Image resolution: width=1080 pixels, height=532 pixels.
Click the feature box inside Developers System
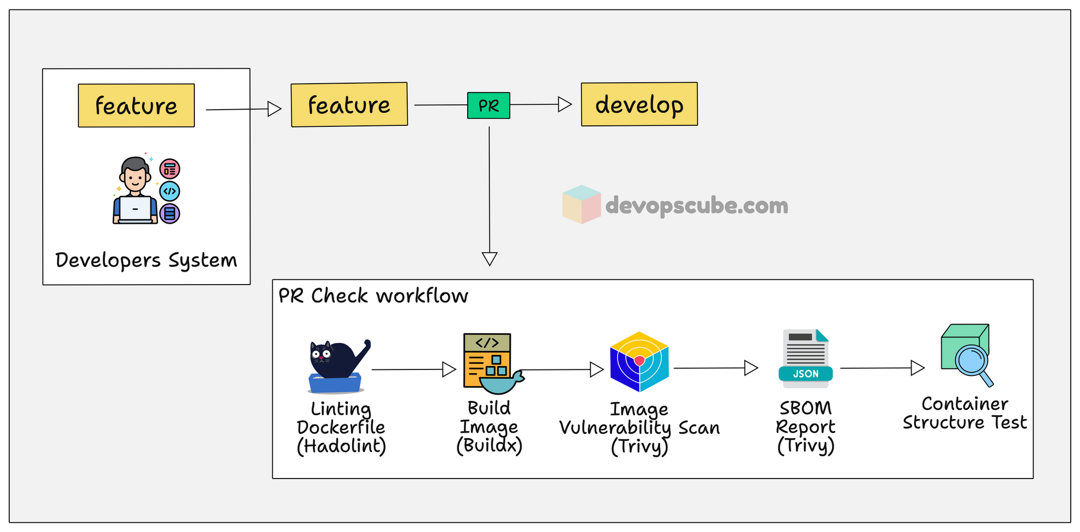(136, 106)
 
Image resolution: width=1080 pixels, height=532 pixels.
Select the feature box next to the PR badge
(349, 105)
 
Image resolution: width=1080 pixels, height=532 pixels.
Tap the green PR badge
(489, 105)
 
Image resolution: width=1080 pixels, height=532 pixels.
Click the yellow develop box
(639, 104)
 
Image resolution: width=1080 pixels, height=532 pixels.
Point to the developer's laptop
(135, 210)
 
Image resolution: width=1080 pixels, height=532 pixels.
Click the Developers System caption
(146, 260)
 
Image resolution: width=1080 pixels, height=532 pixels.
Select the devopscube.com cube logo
(581, 205)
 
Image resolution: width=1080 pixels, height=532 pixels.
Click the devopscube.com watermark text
(697, 206)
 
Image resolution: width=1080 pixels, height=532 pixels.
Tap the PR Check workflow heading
(373, 296)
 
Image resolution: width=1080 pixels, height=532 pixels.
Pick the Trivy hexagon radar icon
(639, 361)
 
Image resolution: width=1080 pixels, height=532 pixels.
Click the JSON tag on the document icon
(806, 374)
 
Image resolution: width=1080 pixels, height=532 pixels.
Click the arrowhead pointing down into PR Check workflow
(489, 259)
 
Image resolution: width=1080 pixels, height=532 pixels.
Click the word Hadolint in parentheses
(341, 446)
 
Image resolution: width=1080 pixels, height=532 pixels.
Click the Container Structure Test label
(964, 413)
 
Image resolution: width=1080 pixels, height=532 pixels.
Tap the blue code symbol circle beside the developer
(170, 191)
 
